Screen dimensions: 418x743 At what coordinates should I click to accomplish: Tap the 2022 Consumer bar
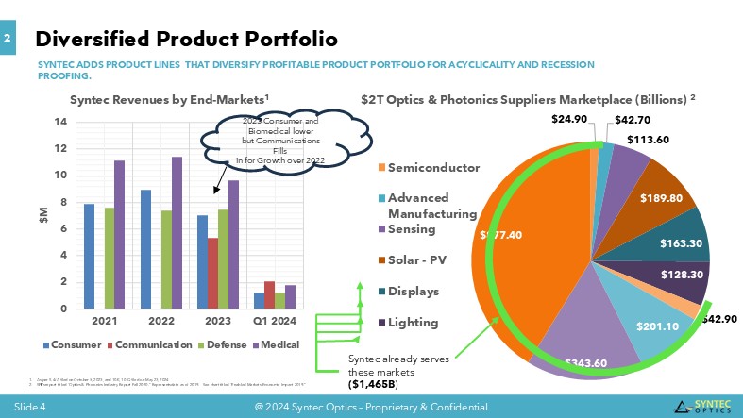(145, 249)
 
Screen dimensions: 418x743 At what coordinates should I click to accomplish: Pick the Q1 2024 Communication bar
(269, 294)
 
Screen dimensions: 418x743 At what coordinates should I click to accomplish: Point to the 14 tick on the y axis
(60, 122)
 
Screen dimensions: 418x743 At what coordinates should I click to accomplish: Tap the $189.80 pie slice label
(663, 199)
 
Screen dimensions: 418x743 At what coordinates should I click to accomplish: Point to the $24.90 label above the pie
(569, 119)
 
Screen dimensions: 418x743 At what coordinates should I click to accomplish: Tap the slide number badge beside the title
(8, 38)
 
